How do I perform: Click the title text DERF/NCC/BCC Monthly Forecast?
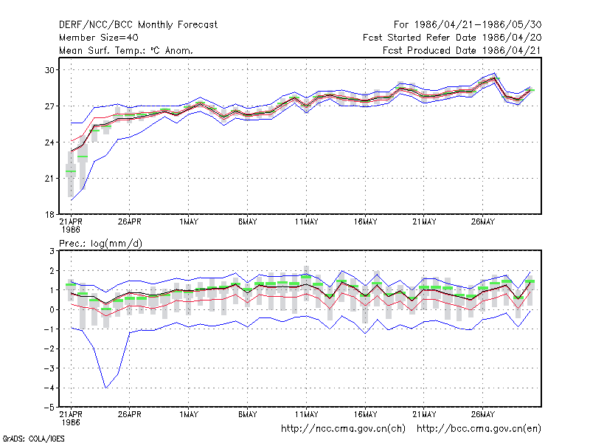click(138, 25)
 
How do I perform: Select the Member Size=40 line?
click(99, 38)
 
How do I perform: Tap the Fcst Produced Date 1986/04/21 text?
click(462, 50)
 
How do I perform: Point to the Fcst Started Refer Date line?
click(452, 38)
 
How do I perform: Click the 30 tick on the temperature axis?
click(49, 70)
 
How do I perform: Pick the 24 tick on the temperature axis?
click(49, 142)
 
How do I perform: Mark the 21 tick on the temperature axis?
click(49, 179)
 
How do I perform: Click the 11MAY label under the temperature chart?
click(306, 222)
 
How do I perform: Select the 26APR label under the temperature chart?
click(130, 222)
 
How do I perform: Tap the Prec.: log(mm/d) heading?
click(100, 244)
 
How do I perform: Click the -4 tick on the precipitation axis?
click(49, 388)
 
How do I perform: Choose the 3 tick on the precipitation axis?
click(52, 251)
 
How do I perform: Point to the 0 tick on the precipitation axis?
click(52, 309)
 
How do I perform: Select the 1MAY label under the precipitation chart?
click(189, 414)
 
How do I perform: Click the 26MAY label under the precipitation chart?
click(483, 414)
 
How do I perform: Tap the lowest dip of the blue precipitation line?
click(105, 388)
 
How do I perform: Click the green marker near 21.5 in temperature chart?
click(71, 171)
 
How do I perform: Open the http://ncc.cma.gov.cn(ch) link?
click(343, 429)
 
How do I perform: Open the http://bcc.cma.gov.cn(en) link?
click(479, 429)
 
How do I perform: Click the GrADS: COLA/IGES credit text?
click(33, 439)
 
